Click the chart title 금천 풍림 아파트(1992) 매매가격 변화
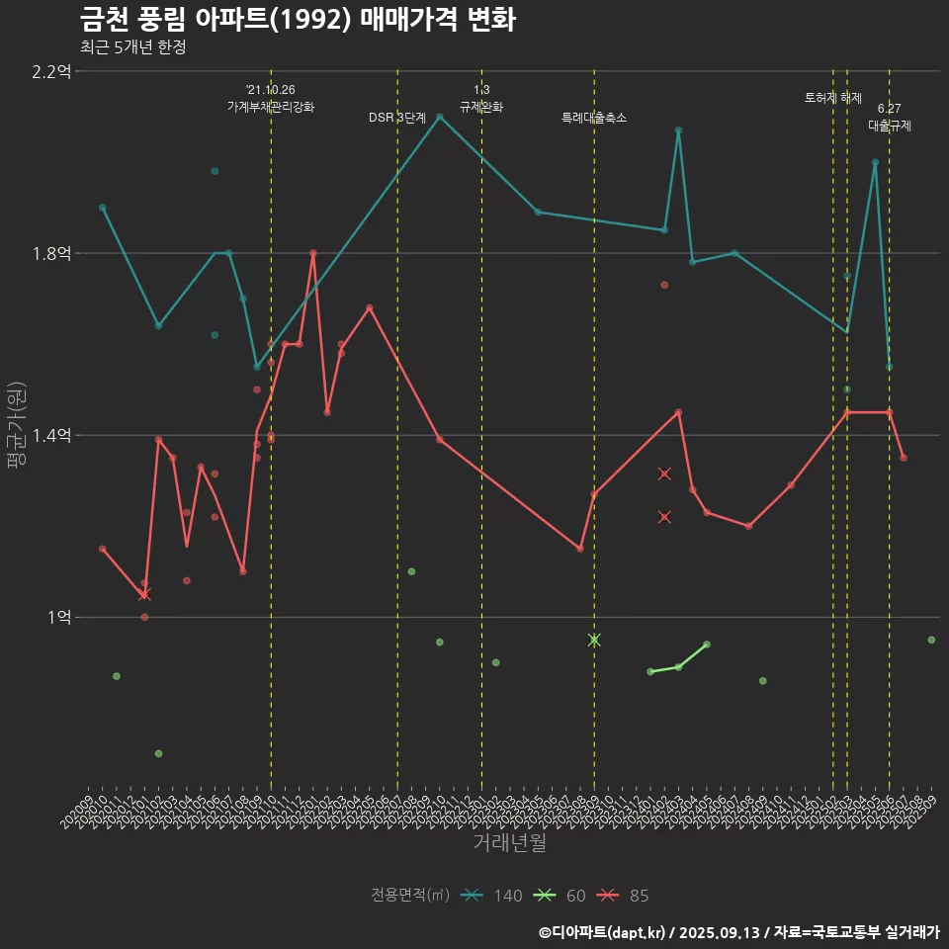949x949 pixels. click(297, 20)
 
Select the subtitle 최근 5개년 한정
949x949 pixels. click(132, 46)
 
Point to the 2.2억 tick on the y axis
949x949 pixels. click(52, 71)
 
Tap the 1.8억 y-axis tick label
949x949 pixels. click(52, 253)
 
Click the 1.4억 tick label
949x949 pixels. click(52, 435)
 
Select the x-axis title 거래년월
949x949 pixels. click(509, 842)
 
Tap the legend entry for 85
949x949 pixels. click(624, 896)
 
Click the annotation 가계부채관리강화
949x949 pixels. click(271, 107)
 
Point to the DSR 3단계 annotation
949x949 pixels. click(397, 118)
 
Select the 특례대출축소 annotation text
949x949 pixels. click(594, 118)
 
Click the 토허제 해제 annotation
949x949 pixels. click(833, 98)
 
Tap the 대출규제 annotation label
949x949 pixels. click(890, 126)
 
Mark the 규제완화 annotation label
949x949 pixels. click(481, 107)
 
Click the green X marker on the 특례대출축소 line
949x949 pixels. click(594, 640)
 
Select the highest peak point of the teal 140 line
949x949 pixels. click(440, 117)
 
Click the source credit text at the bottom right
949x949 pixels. click(738, 931)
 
